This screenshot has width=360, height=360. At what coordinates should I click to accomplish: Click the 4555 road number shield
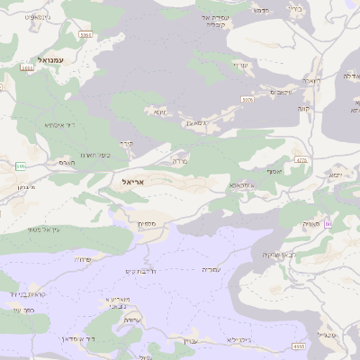coord(298,346)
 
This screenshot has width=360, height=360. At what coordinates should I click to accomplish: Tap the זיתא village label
coord(161,112)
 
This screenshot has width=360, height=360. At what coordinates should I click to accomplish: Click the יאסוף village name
coord(274,171)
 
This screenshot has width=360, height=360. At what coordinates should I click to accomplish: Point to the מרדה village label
coord(179,163)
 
